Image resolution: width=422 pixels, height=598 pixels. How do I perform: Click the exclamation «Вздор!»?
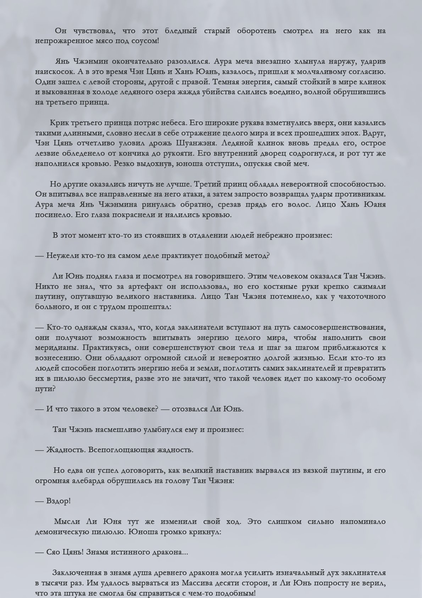coord(59,501)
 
